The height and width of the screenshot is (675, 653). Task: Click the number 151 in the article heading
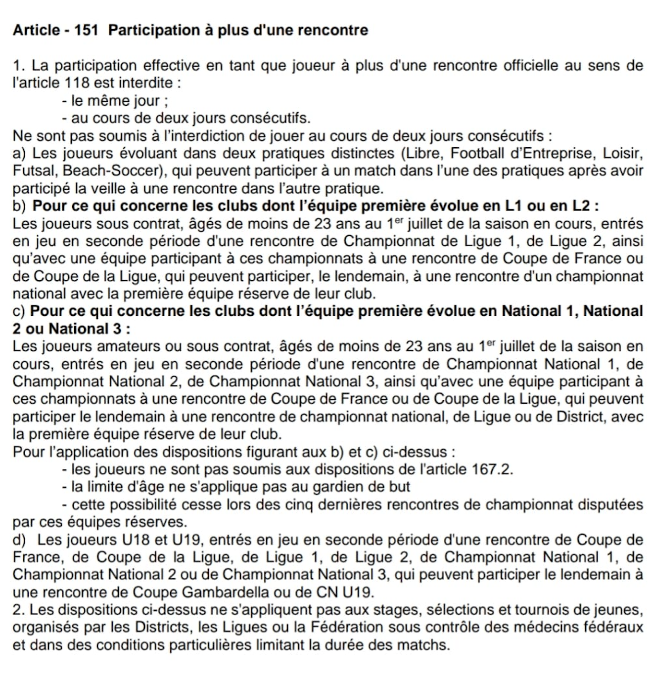tap(86, 30)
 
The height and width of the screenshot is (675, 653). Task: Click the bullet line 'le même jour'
tap(115, 100)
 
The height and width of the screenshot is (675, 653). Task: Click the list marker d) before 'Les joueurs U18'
tap(19, 540)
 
